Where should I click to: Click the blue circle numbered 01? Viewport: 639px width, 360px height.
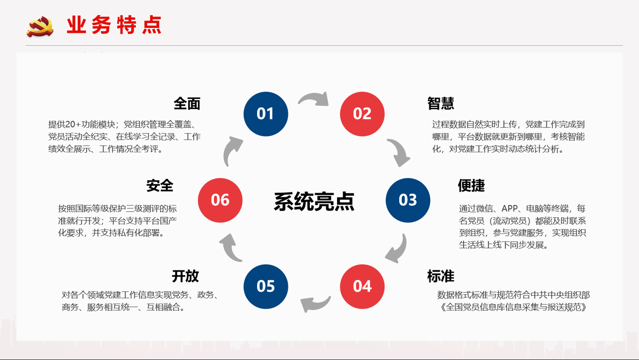click(x=266, y=114)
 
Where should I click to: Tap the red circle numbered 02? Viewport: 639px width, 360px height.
click(x=362, y=114)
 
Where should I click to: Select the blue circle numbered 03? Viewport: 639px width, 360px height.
click(x=408, y=200)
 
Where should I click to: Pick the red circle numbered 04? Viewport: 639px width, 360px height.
click(x=362, y=286)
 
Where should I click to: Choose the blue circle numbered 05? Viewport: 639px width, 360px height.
click(x=266, y=286)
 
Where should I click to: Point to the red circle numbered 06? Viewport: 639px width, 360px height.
click(x=220, y=200)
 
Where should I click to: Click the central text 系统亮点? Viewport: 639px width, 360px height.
click(x=314, y=201)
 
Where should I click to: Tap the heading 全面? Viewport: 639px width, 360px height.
click(x=187, y=104)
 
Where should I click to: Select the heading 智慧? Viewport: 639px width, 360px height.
click(x=441, y=104)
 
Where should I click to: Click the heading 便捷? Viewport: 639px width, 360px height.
click(x=471, y=186)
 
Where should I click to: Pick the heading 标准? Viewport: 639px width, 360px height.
click(x=441, y=276)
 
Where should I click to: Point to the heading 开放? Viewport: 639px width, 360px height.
click(x=185, y=276)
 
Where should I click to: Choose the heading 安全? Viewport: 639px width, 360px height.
click(x=159, y=186)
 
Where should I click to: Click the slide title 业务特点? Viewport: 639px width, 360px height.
click(x=114, y=25)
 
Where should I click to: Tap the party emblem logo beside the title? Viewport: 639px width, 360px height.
click(x=40, y=27)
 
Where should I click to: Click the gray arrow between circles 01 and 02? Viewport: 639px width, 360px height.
click(x=314, y=99)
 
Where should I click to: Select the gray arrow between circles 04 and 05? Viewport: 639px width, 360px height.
click(x=315, y=304)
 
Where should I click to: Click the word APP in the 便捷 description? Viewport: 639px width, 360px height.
click(x=510, y=208)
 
